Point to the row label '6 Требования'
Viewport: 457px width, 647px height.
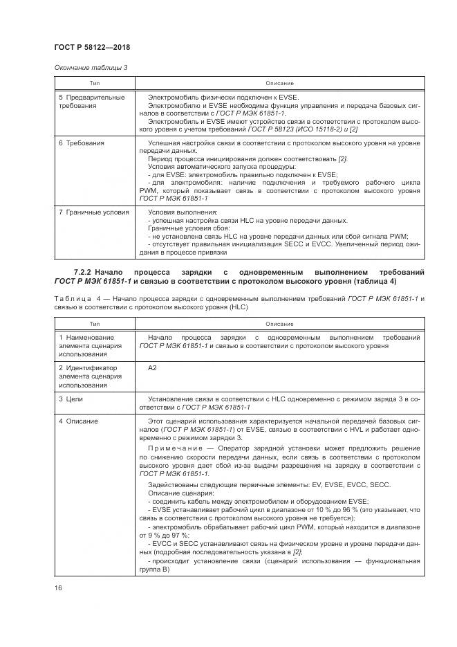click(82, 143)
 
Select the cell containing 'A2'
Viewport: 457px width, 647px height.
click(152, 367)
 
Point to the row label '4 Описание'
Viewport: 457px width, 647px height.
click(78, 421)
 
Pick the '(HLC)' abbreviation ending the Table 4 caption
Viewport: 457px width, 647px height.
click(235, 307)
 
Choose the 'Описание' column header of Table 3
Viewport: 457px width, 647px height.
click(279, 83)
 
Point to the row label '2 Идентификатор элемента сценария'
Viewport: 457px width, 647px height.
click(89, 376)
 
